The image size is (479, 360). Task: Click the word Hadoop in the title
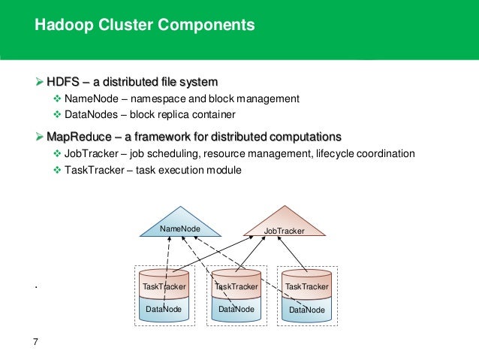pos(64,25)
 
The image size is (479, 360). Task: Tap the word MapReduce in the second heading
pos(79,137)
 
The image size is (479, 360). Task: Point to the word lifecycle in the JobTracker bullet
pos(335,153)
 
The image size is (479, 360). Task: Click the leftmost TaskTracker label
pos(164,286)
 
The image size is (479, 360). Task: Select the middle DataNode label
pos(236,309)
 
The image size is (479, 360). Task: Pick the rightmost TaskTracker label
pos(307,286)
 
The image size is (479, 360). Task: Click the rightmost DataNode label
pos(307,310)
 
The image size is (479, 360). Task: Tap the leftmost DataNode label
pos(164,309)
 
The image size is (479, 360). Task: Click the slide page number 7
pos(35,342)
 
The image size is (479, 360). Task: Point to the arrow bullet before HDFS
pos(39,82)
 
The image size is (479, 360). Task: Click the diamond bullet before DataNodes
pos(57,115)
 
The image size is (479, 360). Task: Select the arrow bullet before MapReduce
pos(39,137)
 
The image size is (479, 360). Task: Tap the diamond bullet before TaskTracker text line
pos(57,170)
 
